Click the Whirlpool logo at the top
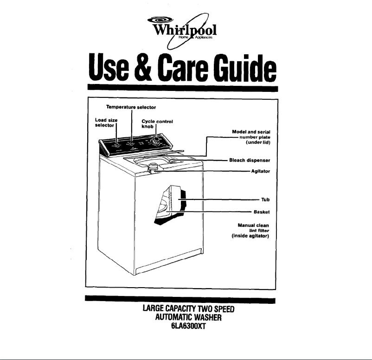pyautogui.click(x=186, y=29)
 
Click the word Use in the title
pyautogui.click(x=108, y=69)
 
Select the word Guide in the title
pyautogui.click(x=245, y=69)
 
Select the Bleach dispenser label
pyautogui.click(x=250, y=160)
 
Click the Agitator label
pyautogui.click(x=260, y=171)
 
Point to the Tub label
pyautogui.click(x=266, y=200)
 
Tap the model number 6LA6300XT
pyautogui.click(x=186, y=325)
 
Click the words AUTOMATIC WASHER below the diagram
pyautogui.click(x=186, y=317)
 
